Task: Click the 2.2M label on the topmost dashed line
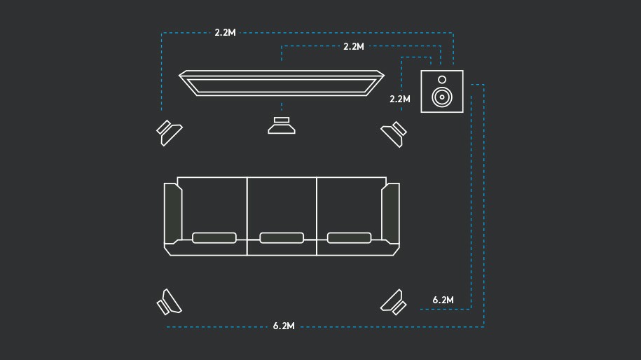225,33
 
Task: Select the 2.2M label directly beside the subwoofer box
399,99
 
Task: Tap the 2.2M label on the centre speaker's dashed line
354,46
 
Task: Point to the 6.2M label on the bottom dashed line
283,326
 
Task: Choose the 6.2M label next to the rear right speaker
443,300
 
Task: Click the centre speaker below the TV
282,126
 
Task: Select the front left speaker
168,132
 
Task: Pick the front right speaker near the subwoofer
394,132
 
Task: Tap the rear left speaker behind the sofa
168,302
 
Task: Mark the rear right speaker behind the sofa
394,301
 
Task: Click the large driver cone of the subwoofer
441,97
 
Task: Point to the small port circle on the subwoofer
442,79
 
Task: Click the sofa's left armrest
172,213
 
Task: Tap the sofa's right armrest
391,213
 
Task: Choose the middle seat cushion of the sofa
282,238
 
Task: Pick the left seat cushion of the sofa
214,238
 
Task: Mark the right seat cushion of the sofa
349,238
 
